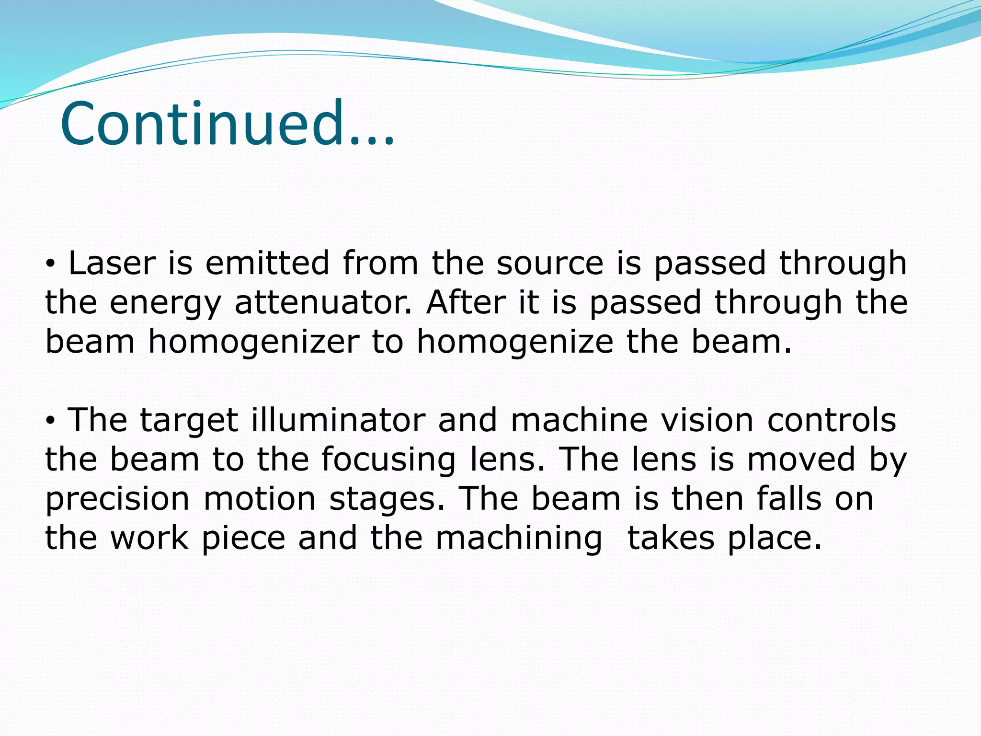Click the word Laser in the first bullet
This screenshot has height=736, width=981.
tap(112, 263)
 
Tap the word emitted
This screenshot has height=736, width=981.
tap(267, 263)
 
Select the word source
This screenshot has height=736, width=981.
tap(550, 263)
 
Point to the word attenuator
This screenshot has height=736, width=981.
tap(323, 302)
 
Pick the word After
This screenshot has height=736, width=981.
tap(466, 302)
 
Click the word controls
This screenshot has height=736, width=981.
tap(832, 420)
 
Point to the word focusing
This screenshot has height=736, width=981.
tap(388, 460)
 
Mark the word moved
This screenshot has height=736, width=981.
tap(801, 459)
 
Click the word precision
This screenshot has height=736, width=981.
tap(117, 499)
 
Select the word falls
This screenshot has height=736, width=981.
tap(789, 498)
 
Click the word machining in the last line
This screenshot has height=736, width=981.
tap(519, 539)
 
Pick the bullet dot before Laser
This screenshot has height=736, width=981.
tap(52, 264)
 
